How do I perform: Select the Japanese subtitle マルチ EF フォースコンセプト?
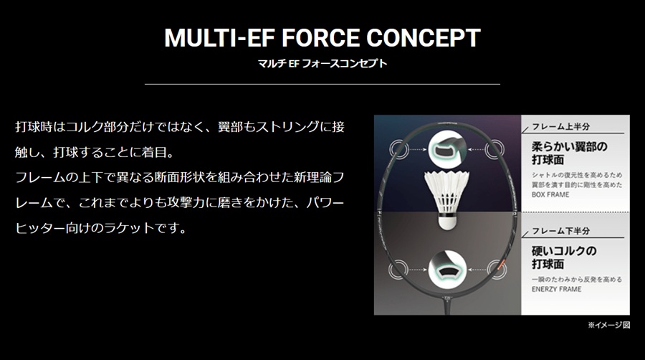[322, 63]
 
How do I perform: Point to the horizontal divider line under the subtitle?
[322, 84]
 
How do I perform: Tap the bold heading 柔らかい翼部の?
[570, 146]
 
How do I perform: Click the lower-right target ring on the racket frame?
[493, 271]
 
